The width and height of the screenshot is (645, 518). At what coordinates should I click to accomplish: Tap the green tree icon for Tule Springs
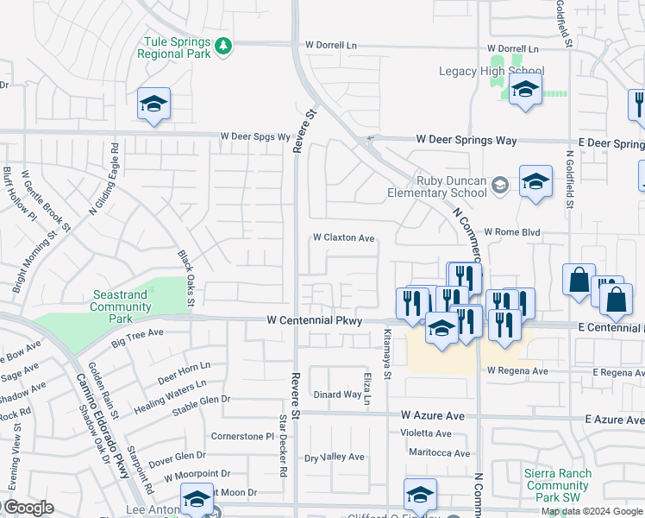(x=223, y=45)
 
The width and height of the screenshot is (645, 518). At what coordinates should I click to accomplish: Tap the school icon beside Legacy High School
(x=524, y=89)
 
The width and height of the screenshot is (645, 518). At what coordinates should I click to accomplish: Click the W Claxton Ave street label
(x=343, y=237)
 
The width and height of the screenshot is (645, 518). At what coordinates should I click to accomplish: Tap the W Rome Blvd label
(x=511, y=232)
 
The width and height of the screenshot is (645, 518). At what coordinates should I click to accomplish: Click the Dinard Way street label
(x=336, y=395)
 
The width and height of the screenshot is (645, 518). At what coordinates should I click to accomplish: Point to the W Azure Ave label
(x=432, y=416)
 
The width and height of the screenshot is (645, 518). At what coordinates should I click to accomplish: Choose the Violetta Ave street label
(x=425, y=433)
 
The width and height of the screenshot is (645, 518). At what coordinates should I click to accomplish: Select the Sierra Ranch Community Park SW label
(x=558, y=485)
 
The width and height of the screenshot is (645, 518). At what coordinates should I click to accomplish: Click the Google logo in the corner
(x=28, y=508)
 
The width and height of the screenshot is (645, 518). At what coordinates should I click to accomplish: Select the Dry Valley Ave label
(x=335, y=457)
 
